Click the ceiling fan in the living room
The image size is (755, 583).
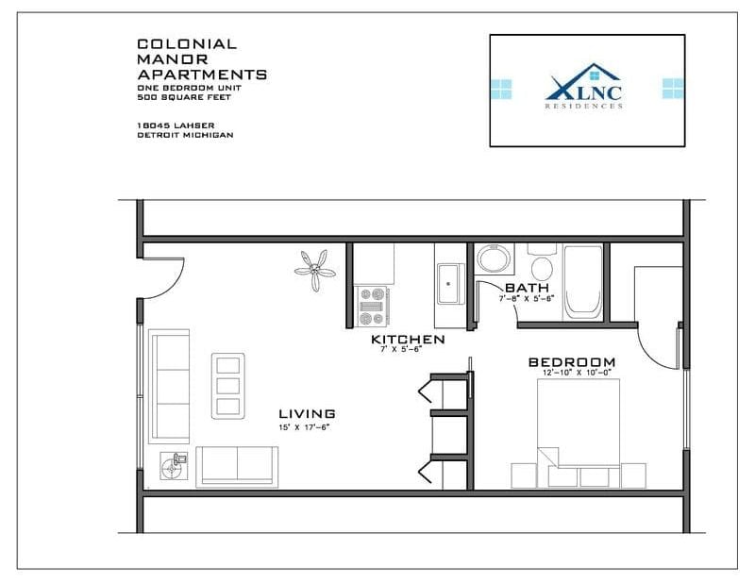pos(314,268)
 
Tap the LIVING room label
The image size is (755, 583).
pos(307,414)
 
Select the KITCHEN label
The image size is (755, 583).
pos(408,340)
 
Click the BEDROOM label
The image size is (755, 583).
pos(572,362)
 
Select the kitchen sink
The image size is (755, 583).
pos(448,283)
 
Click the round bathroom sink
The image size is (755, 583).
pos(492,258)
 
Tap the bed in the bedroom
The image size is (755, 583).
pos(579,434)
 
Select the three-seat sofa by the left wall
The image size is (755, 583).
pos(171,386)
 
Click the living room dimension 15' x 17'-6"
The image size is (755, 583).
pos(306,427)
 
